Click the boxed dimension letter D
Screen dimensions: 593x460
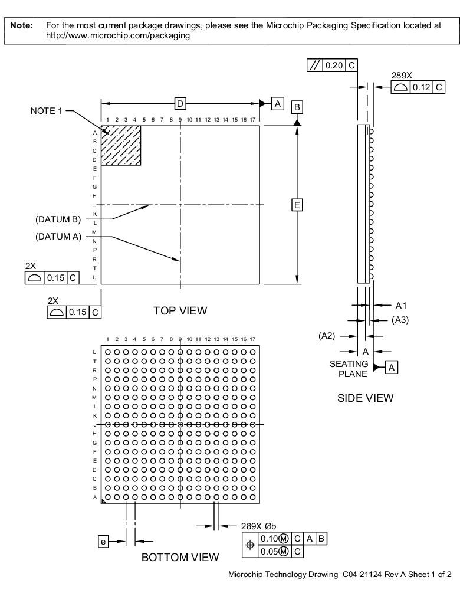tap(180, 104)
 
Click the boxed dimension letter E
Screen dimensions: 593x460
tap(297, 205)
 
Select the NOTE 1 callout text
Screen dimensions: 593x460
tap(47, 110)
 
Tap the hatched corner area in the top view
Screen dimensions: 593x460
tap(121, 145)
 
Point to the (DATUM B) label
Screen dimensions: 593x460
tap(58, 220)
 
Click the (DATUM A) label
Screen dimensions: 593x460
tap(58, 237)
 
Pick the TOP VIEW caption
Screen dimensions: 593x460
tap(180, 310)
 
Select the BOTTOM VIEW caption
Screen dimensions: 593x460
tap(180, 557)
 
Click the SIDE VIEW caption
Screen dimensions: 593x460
tap(365, 398)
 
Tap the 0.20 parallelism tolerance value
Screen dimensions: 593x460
tap(334, 65)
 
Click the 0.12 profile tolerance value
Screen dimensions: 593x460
tap(421, 87)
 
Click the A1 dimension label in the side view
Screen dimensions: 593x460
tap(401, 306)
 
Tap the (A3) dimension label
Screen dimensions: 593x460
tap(400, 320)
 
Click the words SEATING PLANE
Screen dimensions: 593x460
tap(349, 369)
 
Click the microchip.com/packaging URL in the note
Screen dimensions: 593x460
tap(118, 35)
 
